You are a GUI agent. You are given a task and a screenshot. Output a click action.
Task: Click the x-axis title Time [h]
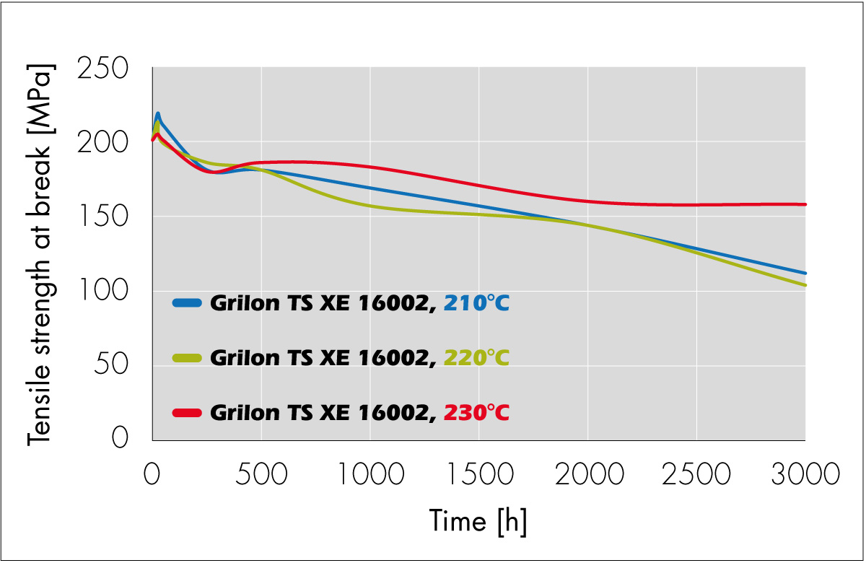point(478,521)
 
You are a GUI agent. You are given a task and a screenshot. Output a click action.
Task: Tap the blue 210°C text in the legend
point(476,303)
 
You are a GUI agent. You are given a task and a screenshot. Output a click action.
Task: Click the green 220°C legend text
point(476,357)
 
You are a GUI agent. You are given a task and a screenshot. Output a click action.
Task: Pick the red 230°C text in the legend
point(476,412)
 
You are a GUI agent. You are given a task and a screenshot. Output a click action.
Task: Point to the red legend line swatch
point(189,412)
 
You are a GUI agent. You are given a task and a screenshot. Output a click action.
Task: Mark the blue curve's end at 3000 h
point(804,273)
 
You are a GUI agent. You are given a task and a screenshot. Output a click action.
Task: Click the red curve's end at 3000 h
point(804,204)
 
